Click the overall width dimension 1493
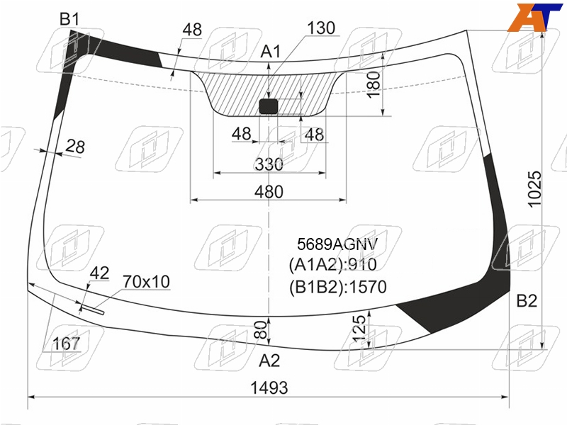tap(269, 387)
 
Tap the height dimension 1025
tap(535, 189)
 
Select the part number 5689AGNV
tap(337, 244)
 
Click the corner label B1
tap(69, 19)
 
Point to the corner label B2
tap(527, 300)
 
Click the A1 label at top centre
tap(271, 52)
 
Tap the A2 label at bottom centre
tap(270, 361)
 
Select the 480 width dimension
tap(269, 191)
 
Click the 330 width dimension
tap(269, 164)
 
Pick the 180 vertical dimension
tap(374, 84)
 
